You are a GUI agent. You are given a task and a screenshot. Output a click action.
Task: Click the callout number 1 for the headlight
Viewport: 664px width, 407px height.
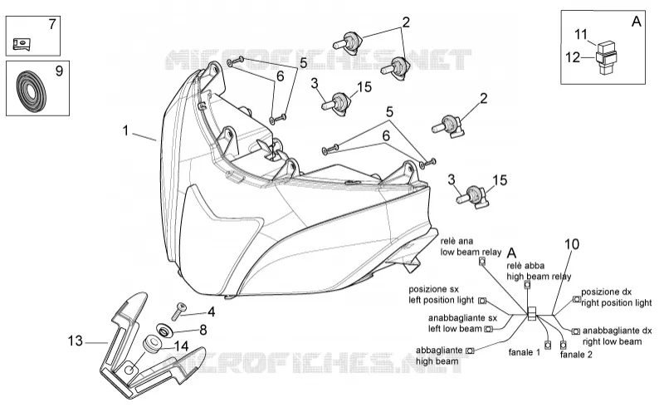pos(125,130)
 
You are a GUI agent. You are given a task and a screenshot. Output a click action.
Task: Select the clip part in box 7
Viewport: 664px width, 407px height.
pos(22,44)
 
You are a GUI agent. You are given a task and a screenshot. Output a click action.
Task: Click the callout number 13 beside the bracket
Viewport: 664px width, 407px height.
pos(76,341)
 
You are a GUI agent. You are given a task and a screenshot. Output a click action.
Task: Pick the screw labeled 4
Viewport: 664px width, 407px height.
pos(178,311)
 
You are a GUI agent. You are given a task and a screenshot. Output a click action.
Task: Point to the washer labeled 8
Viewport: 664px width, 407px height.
pos(164,330)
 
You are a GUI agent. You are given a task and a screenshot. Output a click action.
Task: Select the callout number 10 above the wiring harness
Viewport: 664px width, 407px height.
pos(572,244)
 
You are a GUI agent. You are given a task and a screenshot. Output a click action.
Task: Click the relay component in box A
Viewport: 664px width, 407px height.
pos(606,56)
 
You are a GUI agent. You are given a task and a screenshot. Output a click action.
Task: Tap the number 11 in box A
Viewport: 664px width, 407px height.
pos(581,33)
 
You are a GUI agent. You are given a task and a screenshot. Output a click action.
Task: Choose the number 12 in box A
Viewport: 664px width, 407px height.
pos(573,57)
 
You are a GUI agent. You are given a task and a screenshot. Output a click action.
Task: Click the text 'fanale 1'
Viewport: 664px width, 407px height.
pos(525,352)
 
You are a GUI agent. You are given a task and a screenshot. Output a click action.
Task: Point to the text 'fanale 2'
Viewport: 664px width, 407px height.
pos(576,355)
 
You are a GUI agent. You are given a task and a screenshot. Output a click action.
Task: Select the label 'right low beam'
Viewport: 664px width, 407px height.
pos(612,341)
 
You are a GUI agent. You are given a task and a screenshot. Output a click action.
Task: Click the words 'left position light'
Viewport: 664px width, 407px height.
pos(441,300)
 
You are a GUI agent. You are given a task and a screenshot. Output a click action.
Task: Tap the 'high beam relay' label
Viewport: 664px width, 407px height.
pos(539,277)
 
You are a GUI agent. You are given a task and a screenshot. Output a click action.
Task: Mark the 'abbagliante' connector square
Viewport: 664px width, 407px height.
pos(470,351)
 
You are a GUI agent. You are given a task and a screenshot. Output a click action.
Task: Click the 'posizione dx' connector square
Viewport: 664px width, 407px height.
pos(577,299)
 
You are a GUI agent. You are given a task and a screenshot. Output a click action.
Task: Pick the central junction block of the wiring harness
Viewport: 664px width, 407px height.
pos(531,313)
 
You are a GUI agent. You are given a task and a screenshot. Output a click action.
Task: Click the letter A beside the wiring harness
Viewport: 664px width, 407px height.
pos(511,253)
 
